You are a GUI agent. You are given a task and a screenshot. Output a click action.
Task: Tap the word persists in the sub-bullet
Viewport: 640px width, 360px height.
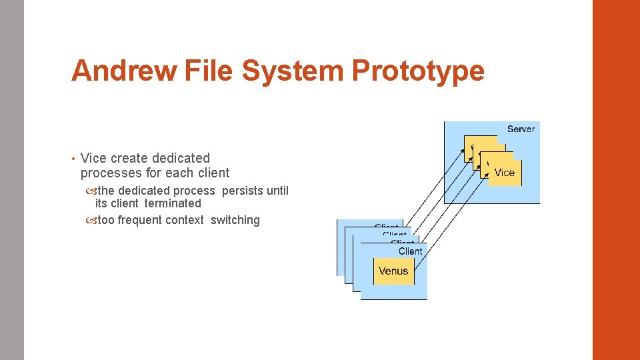coord(243,191)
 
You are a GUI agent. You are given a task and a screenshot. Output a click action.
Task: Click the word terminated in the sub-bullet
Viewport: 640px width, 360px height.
coord(173,203)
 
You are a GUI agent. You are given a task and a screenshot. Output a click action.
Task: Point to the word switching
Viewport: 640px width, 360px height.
coord(235,220)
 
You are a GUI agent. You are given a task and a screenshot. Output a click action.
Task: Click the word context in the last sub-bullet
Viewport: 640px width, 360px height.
coord(185,220)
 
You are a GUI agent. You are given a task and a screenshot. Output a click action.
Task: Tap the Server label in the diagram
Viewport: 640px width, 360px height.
coord(521,129)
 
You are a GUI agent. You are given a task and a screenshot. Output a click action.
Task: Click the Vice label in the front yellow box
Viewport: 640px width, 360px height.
coord(504,173)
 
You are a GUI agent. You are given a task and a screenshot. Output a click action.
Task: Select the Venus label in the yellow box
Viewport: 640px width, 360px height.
coord(393,271)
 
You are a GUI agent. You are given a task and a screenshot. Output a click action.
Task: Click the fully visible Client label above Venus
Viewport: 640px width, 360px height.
coord(410,251)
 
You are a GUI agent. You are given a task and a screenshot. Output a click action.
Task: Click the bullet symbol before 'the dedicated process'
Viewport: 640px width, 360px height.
coord(91,191)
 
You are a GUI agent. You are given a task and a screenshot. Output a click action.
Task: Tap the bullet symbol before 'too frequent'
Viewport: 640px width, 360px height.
coord(91,221)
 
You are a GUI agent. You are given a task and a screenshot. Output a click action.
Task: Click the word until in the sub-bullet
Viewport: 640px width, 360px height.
coord(277,191)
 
